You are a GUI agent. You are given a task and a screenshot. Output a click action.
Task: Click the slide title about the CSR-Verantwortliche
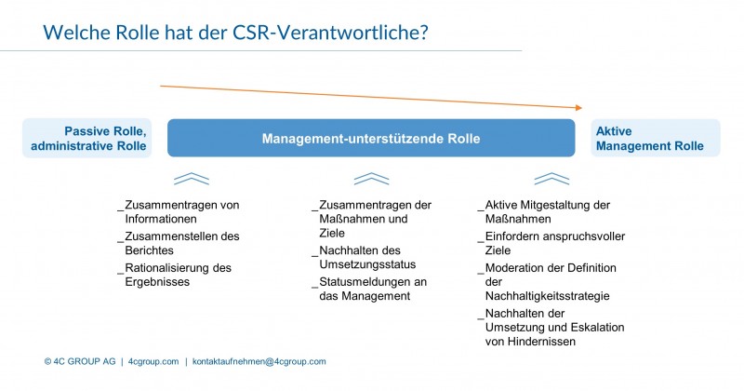pyautogui.click(x=235, y=33)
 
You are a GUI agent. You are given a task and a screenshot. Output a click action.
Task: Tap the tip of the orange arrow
pyautogui.click(x=582, y=108)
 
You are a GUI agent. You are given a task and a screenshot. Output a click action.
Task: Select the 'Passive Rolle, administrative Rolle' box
pyautogui.click(x=87, y=139)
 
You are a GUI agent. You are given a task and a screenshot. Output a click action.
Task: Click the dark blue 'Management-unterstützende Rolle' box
pyautogui.click(x=371, y=139)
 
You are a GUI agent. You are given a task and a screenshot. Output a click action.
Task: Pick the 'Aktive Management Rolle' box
pyautogui.click(x=656, y=139)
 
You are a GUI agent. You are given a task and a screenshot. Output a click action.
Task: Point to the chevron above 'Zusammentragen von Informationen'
pyautogui.click(x=192, y=179)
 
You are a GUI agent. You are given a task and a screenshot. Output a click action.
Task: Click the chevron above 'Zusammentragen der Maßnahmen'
pyautogui.click(x=371, y=179)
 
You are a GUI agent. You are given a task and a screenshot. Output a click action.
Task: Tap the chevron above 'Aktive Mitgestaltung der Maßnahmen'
pyautogui.click(x=551, y=179)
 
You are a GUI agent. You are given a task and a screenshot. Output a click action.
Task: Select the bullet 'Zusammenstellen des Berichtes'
pyautogui.click(x=179, y=243)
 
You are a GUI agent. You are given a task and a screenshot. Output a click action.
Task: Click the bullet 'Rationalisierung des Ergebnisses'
pyautogui.click(x=175, y=275)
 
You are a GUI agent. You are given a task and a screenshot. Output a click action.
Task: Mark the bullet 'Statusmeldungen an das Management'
pyautogui.click(x=369, y=289)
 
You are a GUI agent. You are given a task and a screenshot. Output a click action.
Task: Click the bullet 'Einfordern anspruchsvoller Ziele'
pyautogui.click(x=551, y=243)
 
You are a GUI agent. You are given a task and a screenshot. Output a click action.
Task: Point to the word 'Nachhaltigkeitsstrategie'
pyautogui.click(x=547, y=296)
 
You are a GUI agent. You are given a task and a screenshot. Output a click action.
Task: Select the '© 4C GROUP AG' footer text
pyautogui.click(x=80, y=361)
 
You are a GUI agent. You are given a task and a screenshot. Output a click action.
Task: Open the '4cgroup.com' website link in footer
pyautogui.click(x=153, y=361)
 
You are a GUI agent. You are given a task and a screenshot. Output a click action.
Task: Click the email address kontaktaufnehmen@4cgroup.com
pyautogui.click(x=259, y=361)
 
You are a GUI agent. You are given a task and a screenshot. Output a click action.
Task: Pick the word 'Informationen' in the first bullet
pyautogui.click(x=161, y=219)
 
